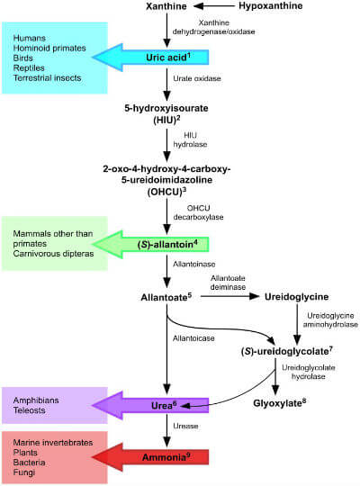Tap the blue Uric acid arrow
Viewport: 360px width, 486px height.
[x=162, y=58]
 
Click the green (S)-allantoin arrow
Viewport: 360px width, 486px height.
[x=162, y=244]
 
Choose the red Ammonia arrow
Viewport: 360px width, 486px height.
[x=162, y=457]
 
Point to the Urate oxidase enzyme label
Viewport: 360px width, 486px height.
[x=196, y=80]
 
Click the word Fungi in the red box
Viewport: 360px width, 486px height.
[x=26, y=473]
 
